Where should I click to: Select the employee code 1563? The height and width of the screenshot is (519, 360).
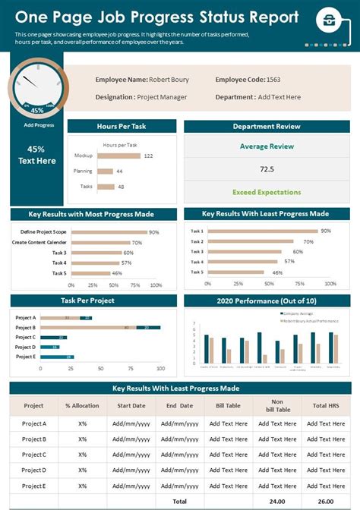point(273,80)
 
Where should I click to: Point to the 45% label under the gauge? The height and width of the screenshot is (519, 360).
point(36,110)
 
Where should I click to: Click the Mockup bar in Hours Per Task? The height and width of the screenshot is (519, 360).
point(118,156)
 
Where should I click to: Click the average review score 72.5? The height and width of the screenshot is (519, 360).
point(267,169)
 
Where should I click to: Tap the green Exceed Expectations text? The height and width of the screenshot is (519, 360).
point(267,192)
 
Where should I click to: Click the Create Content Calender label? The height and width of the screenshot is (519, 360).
point(39,243)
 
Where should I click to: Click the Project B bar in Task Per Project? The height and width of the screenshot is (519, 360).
point(100,327)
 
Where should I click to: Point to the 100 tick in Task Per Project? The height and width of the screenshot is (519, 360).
point(160,368)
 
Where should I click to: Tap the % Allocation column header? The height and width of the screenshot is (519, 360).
point(82,406)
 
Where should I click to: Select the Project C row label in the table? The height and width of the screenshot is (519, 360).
point(34,455)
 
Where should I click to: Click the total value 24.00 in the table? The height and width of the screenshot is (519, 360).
point(276,502)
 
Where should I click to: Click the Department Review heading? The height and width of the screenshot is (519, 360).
point(267,127)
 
